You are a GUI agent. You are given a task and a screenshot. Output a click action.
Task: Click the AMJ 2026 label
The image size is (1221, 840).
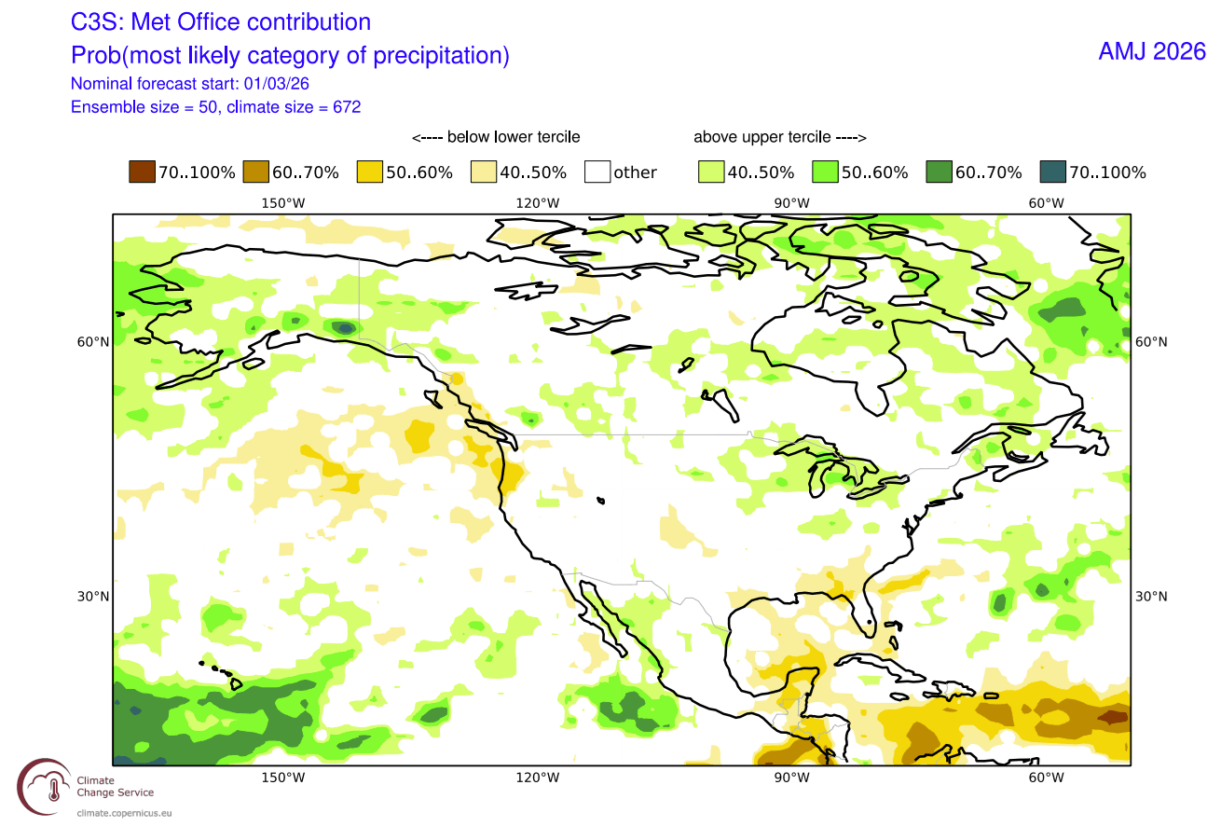coord(1151,52)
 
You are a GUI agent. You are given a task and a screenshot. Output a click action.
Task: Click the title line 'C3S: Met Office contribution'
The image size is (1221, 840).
coord(221,22)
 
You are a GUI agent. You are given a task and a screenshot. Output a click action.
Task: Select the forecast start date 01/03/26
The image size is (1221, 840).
coord(277,83)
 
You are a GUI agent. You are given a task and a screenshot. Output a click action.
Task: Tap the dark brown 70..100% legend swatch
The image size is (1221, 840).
coord(142,172)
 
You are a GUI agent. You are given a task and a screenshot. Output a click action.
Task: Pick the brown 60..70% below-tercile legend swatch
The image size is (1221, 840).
coord(255,172)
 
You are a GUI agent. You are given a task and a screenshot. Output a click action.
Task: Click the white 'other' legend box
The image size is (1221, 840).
coord(597,172)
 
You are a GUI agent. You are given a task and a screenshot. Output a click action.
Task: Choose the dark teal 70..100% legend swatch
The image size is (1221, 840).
coord(1052,172)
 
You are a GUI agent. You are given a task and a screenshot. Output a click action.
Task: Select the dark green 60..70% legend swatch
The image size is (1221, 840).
coord(939,172)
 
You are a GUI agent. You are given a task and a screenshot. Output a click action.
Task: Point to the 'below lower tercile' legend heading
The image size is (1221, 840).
coord(496,137)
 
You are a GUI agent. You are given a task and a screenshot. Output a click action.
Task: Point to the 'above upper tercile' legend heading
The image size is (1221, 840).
coord(780,137)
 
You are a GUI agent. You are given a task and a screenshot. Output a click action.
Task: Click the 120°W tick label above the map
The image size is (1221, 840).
coord(538,203)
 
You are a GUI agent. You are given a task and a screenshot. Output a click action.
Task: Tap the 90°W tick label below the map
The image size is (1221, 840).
coord(791,778)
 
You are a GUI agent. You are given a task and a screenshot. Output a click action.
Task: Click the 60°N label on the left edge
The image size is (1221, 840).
coord(93,342)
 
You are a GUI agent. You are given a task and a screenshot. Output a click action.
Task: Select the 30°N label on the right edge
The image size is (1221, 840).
coord(1151,597)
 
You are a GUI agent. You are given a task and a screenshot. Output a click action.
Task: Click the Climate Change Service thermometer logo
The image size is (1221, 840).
coord(45,787)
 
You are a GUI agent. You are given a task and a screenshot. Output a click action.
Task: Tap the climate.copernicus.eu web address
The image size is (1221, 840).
coord(124,813)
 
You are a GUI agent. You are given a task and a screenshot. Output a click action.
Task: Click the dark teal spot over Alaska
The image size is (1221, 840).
coord(344,327)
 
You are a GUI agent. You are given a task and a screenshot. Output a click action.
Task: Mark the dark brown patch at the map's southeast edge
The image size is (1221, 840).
coord(1112,717)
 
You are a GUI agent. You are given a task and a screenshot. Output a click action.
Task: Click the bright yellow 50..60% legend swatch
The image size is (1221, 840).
coord(369,172)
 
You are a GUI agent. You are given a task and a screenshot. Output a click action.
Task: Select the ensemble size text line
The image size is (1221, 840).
coord(216,107)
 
